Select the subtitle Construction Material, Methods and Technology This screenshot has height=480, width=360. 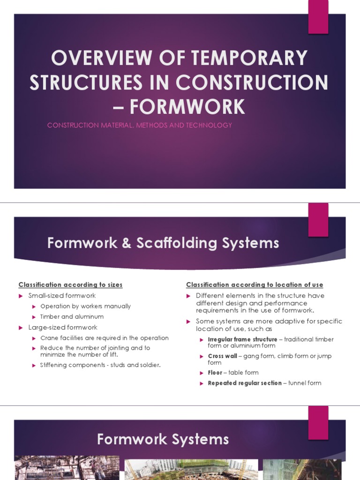[x=140, y=125]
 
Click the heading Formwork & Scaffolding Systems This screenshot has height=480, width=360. [x=163, y=243]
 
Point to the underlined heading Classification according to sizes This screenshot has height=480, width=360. [x=70, y=285]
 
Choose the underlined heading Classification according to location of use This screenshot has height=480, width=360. [x=255, y=285]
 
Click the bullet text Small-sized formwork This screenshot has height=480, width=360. [x=62, y=295]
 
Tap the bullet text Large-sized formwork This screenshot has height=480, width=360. [x=63, y=327]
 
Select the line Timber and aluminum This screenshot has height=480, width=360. [x=72, y=317]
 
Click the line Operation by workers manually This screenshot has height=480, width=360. [x=85, y=306]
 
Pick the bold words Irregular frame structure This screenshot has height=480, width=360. [x=242, y=339]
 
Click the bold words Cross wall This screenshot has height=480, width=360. [x=222, y=356]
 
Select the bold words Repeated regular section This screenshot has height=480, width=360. [x=245, y=383]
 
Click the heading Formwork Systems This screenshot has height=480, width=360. [x=163, y=439]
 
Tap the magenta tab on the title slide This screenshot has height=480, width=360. [x=318, y=17]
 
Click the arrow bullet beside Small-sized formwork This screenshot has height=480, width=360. [x=21, y=296]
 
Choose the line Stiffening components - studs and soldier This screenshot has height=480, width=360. [x=100, y=365]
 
